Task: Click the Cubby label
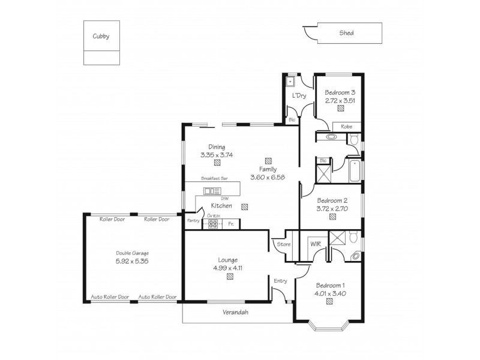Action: click(x=101, y=36)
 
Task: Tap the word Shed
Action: click(x=346, y=33)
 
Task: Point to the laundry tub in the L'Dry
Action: click(x=290, y=80)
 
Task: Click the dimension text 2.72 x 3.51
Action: click(x=340, y=101)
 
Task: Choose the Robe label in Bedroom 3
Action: click(x=346, y=127)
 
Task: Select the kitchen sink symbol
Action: click(x=212, y=191)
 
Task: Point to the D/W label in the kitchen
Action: click(x=224, y=199)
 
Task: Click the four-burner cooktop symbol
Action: click(x=213, y=224)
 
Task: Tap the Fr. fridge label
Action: click(x=231, y=224)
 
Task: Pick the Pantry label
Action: click(x=193, y=221)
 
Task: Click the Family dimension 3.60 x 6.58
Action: click(x=268, y=177)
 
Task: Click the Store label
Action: click(x=284, y=244)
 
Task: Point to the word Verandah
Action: click(x=235, y=313)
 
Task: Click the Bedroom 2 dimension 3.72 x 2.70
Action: click(x=332, y=209)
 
